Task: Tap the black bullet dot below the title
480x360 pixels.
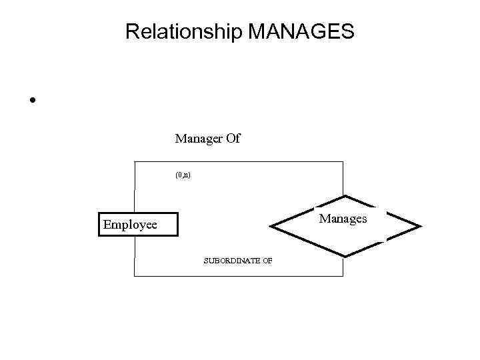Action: (31, 101)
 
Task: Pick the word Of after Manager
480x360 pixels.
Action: (233, 139)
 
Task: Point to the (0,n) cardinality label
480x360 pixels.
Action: (183, 175)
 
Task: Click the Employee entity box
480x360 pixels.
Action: (137, 225)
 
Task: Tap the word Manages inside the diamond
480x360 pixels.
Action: (343, 218)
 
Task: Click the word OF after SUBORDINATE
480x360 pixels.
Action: (267, 261)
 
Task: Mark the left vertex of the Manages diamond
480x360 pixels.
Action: (273, 227)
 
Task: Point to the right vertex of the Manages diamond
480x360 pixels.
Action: (421, 227)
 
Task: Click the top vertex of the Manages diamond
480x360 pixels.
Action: (347, 196)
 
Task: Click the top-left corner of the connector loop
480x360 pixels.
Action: (135, 162)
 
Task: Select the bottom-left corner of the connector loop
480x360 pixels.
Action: (135, 275)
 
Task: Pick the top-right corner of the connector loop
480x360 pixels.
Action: (343, 162)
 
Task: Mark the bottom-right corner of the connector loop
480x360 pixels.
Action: (343, 275)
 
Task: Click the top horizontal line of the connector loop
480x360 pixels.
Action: (253, 162)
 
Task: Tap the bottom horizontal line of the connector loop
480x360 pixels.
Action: (200, 275)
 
